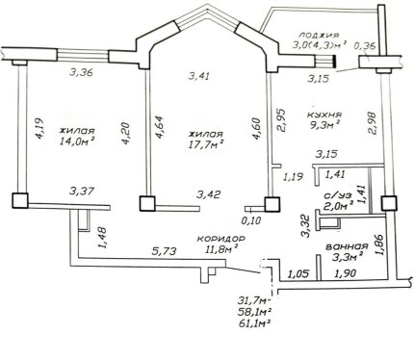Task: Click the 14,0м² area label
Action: pyautogui.click(x=78, y=141)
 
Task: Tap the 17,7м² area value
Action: pyautogui.click(x=206, y=144)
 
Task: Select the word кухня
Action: pyautogui.click(x=324, y=115)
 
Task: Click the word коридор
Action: pyautogui.click(x=221, y=239)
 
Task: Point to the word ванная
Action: pyautogui.click(x=347, y=246)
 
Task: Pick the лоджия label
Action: pyautogui.click(x=319, y=35)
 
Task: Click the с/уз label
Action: pyautogui.click(x=338, y=195)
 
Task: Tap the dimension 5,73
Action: pyautogui.click(x=164, y=251)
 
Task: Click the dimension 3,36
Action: pyautogui.click(x=82, y=72)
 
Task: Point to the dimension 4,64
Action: pyautogui.click(x=160, y=127)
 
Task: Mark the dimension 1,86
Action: pyautogui.click(x=380, y=244)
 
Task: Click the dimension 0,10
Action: pyautogui.click(x=251, y=220)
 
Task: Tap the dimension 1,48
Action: pyautogui.click(x=103, y=238)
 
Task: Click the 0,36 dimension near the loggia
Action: pyautogui.click(x=365, y=46)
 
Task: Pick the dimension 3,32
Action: pyautogui.click(x=306, y=226)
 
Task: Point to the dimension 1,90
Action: pyautogui.click(x=346, y=273)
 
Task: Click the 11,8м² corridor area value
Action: pyautogui.click(x=221, y=249)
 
